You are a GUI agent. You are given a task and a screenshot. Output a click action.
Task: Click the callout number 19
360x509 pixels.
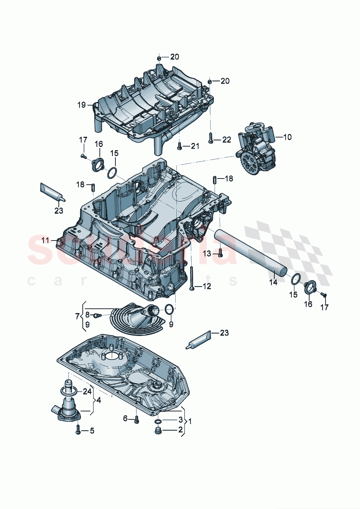(81, 105)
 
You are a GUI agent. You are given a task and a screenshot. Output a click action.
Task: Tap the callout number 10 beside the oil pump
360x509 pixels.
(287, 137)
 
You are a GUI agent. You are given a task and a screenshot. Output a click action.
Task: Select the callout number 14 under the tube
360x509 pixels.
(273, 282)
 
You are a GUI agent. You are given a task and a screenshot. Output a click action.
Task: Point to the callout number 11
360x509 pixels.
(45, 240)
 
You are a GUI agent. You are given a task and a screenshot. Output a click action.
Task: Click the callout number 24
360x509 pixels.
(87, 391)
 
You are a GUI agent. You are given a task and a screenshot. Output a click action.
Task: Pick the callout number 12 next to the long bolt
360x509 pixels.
(206, 287)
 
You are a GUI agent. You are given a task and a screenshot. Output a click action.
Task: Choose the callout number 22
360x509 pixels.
(226, 140)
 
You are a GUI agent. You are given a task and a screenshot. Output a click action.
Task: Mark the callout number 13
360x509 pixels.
(206, 254)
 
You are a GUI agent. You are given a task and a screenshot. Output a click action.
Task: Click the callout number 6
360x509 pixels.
(126, 419)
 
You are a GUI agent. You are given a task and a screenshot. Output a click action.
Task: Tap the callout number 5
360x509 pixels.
(92, 431)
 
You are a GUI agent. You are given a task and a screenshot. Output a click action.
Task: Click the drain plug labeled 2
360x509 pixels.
(158, 431)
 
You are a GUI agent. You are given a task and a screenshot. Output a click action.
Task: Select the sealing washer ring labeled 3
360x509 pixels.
(158, 421)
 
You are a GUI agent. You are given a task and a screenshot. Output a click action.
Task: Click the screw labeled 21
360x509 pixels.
(179, 146)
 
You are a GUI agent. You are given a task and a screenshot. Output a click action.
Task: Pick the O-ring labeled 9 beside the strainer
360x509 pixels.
(169, 309)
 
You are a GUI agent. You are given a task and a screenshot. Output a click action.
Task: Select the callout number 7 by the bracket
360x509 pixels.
(77, 316)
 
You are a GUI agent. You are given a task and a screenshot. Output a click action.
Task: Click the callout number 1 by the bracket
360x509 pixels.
(190, 421)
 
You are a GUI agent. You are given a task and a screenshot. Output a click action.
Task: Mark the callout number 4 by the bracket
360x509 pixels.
(98, 401)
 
